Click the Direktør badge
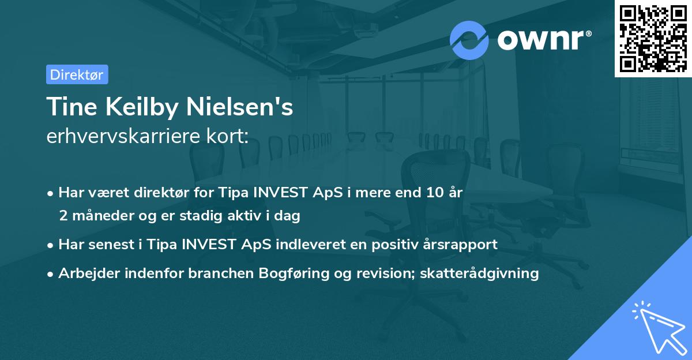point(77,74)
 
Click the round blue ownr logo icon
point(469,40)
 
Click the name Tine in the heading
point(68,107)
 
